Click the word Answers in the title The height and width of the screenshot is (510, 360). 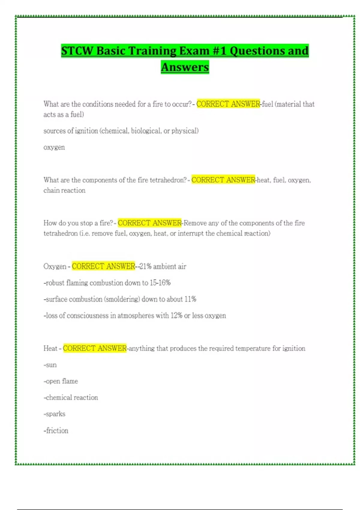tap(185, 67)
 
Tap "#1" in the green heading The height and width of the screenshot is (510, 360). tap(219, 50)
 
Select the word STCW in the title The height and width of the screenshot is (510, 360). tap(77, 50)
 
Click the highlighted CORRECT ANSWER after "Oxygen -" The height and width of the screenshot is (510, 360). tap(103, 266)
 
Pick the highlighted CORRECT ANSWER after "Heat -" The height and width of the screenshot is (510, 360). tap(95, 348)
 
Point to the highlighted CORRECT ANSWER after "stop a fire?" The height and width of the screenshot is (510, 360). tap(150, 223)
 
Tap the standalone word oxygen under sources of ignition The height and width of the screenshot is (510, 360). tap(54, 147)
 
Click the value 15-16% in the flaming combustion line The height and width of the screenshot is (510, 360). tap(160, 283)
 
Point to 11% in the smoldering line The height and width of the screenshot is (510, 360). tap(190, 299)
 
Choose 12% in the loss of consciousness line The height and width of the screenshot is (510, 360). tap(176, 316)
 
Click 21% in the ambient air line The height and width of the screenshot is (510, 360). tap(145, 266)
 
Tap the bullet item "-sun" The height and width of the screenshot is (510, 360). tap(50, 365)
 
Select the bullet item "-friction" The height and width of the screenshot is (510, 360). tap(56, 430)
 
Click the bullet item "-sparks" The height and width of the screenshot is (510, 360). tap(54, 414)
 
